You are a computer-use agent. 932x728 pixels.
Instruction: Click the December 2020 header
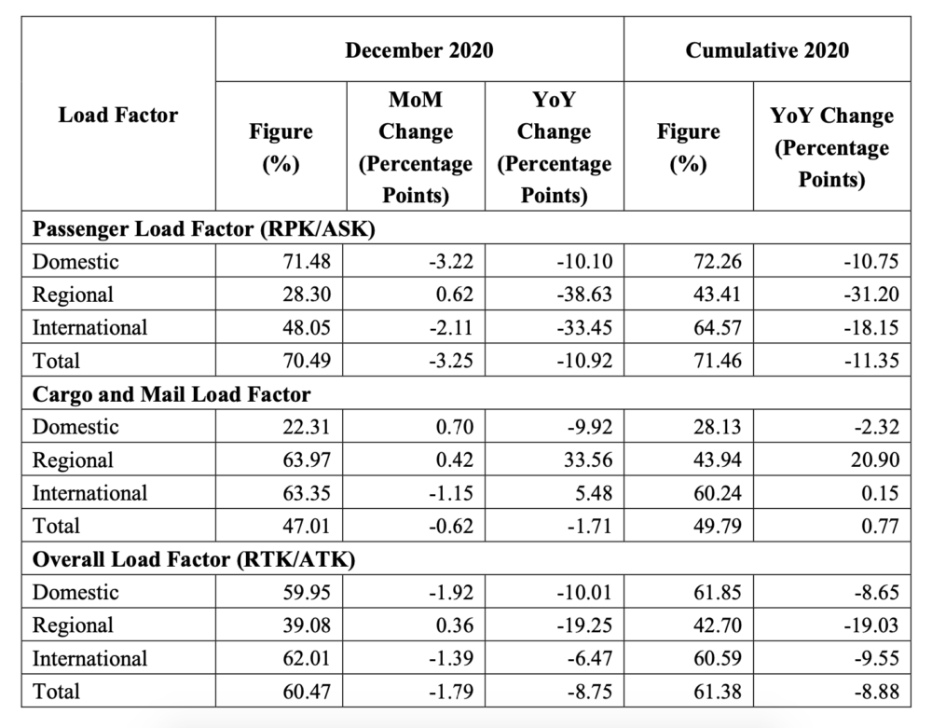click(x=419, y=49)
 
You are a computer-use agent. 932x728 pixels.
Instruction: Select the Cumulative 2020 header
click(x=767, y=49)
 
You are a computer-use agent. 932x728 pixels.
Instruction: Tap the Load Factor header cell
click(x=118, y=116)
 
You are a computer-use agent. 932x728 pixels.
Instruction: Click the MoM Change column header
click(x=416, y=146)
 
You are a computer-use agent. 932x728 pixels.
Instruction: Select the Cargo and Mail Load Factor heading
click(x=171, y=394)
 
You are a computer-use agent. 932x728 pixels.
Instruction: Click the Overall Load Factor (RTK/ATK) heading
click(x=194, y=559)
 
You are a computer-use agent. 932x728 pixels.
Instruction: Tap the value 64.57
click(x=718, y=328)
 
